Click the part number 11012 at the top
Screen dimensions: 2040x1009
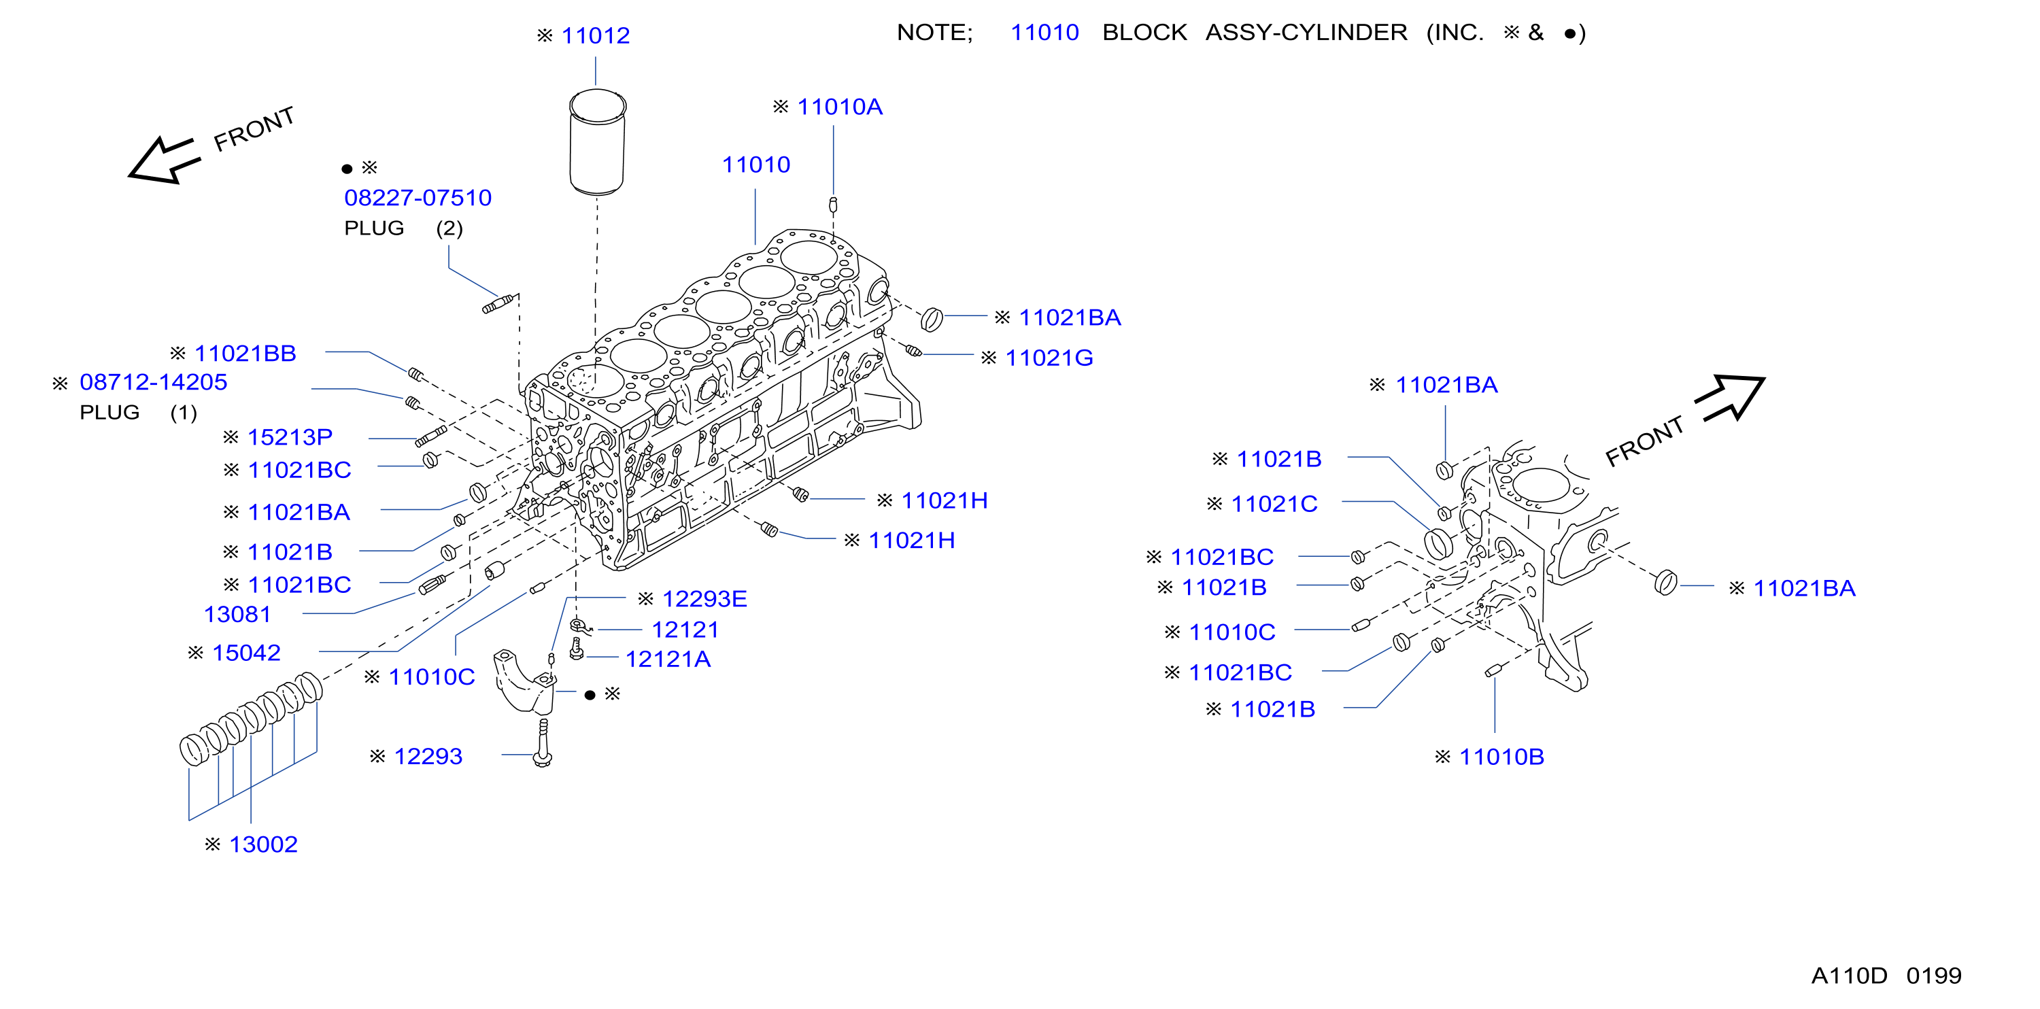click(x=596, y=35)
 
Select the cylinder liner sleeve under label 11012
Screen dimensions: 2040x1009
click(x=598, y=142)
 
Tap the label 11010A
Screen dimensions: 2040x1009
click(x=839, y=107)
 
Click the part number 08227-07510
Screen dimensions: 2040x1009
click(x=418, y=197)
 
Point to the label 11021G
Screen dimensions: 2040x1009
click(x=1049, y=358)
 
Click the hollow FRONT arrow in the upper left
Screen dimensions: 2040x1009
click(x=164, y=160)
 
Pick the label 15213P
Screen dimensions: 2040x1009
click(x=290, y=437)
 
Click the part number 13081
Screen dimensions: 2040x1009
click(x=237, y=614)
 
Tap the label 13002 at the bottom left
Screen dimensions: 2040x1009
click(x=263, y=844)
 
